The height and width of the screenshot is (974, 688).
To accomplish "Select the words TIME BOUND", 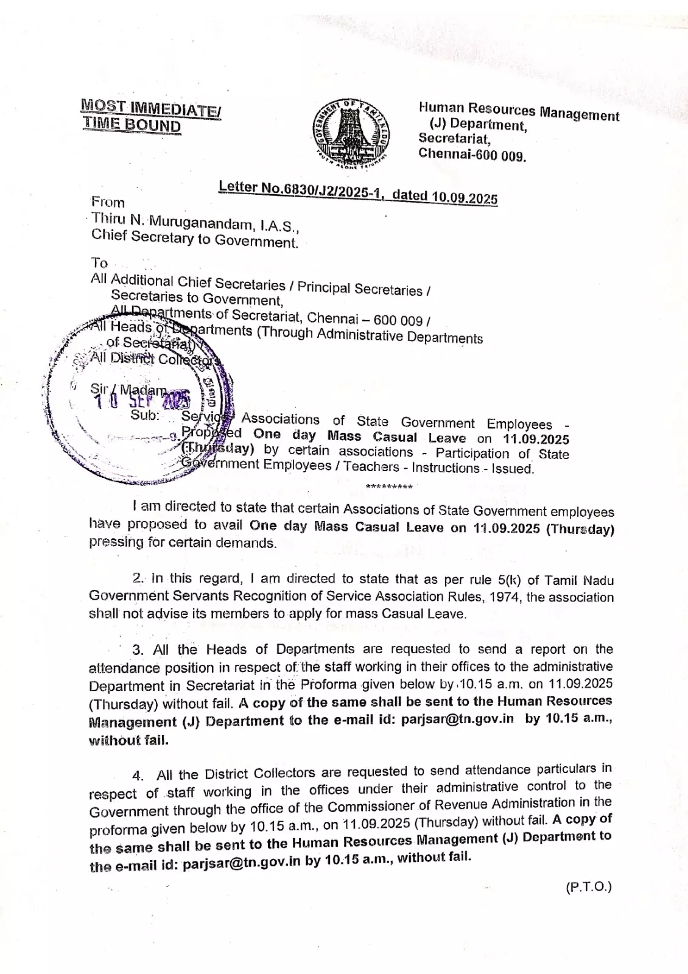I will pyautogui.click(x=132, y=125).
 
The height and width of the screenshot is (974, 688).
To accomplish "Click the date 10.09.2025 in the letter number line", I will pyautogui.click(x=465, y=197).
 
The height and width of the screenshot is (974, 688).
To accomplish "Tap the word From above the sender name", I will pyautogui.click(x=108, y=202).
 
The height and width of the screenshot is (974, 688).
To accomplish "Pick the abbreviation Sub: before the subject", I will pyautogui.click(x=145, y=415).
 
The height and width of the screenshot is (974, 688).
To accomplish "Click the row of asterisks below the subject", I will pyautogui.click(x=389, y=487).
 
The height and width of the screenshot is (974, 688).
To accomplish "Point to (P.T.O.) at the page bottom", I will pyautogui.click(x=588, y=887).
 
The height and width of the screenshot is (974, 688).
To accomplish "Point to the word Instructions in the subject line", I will pyautogui.click(x=446, y=468).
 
